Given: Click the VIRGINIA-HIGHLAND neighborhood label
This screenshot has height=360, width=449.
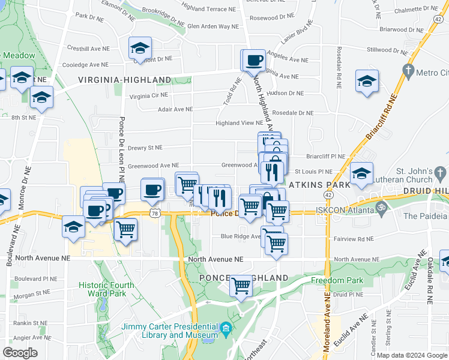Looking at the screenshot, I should [124, 80].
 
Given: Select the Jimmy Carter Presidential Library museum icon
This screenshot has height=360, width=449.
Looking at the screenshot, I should [225, 328].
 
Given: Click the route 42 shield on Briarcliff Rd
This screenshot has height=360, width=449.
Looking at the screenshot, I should [437, 19].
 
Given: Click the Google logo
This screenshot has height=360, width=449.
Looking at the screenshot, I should [20, 353].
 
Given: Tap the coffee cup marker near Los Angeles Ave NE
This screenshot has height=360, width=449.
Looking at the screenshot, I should [255, 60].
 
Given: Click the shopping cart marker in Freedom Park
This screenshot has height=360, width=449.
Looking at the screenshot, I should [241, 286].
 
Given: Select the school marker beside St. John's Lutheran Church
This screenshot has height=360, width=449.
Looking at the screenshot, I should [361, 174].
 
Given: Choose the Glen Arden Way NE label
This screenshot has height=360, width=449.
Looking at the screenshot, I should [212, 26].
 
